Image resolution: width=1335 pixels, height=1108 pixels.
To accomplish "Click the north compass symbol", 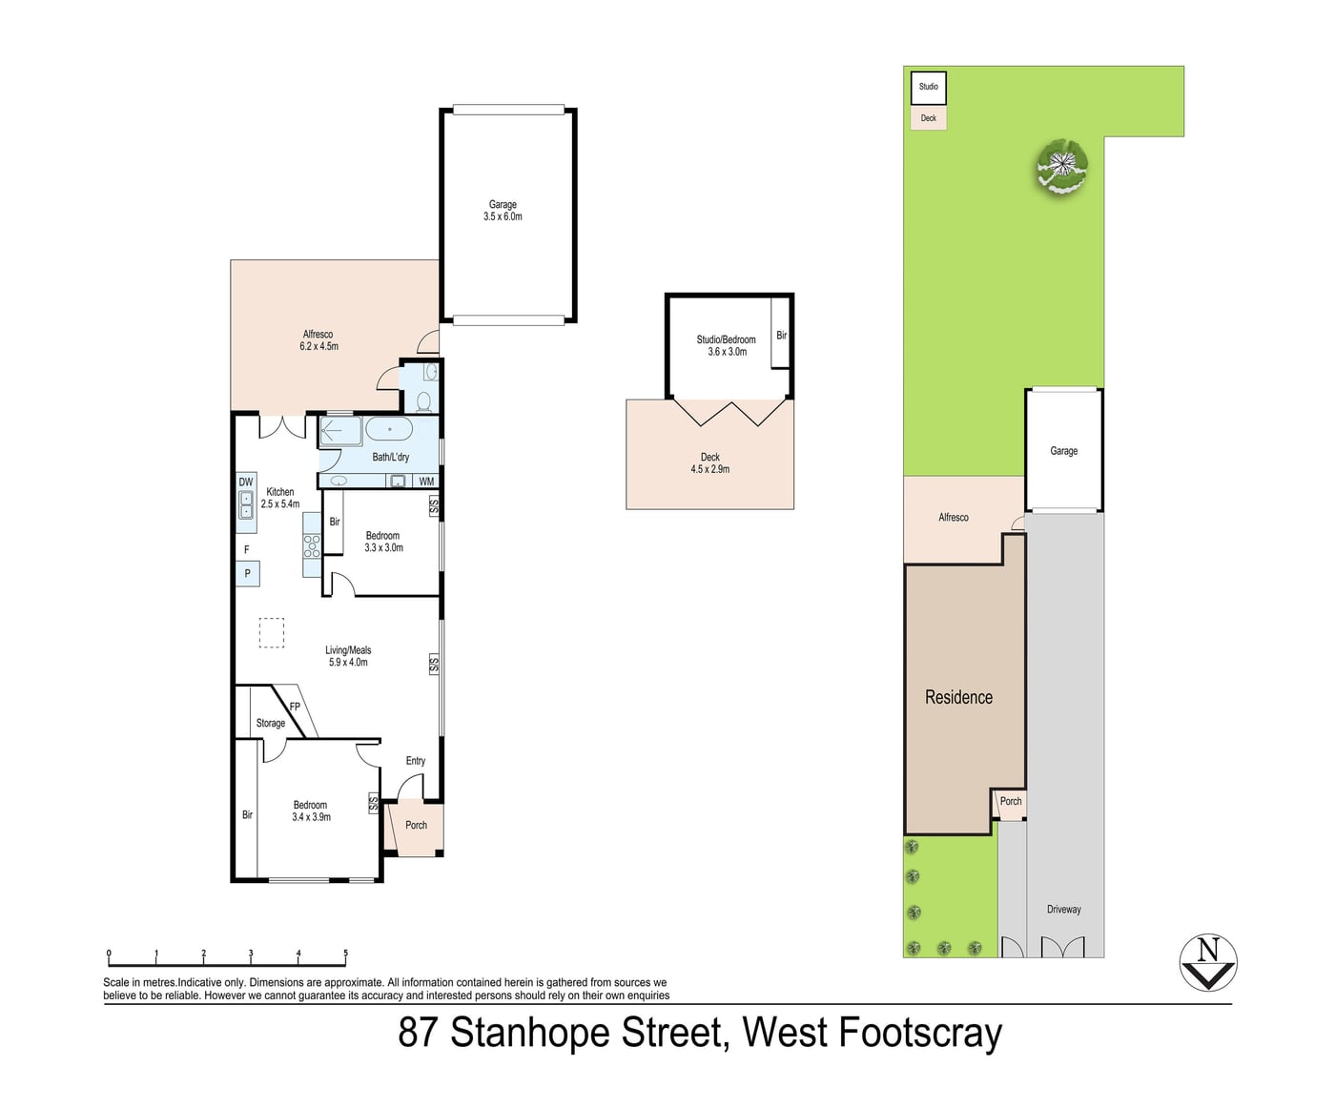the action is tap(1208, 962).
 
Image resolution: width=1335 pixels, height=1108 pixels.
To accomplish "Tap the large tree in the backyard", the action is tap(1061, 165).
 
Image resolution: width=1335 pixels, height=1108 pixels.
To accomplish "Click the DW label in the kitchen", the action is tap(245, 482).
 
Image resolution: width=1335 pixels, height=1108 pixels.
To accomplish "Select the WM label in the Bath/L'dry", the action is tap(426, 482).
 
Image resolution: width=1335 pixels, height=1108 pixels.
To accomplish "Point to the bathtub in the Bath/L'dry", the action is tap(389, 429).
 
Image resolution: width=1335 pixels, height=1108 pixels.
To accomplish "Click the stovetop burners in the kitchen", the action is tap(312, 546).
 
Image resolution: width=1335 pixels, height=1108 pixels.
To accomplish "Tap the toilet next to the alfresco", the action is tap(423, 401).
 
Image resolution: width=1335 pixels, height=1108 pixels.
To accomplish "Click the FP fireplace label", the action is tap(295, 707).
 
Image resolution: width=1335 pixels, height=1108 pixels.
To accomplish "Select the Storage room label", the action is tap(271, 723).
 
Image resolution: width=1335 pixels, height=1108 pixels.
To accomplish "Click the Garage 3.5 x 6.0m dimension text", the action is tap(503, 216).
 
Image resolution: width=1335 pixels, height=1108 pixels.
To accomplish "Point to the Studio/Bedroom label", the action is tap(727, 339).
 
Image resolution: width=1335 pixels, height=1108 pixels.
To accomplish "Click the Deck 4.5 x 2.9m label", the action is tap(710, 462).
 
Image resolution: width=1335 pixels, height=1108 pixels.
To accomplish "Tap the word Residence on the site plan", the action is tap(958, 697).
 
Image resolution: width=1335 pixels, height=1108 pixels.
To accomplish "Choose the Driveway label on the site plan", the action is tap(1064, 909).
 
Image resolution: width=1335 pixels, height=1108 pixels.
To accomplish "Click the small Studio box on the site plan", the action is tap(929, 88).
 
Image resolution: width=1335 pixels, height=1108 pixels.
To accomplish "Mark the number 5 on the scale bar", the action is tap(346, 953).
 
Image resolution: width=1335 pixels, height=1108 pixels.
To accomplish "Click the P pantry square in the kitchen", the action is tap(248, 573).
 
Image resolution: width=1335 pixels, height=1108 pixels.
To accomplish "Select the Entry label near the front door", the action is tap(416, 761).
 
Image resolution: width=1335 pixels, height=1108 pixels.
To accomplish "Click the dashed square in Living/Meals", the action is tap(272, 633).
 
